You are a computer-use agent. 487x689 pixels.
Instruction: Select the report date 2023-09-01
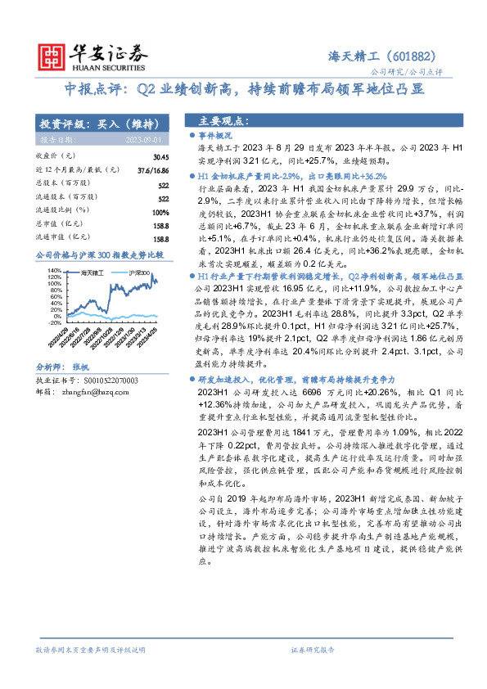point(148,140)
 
